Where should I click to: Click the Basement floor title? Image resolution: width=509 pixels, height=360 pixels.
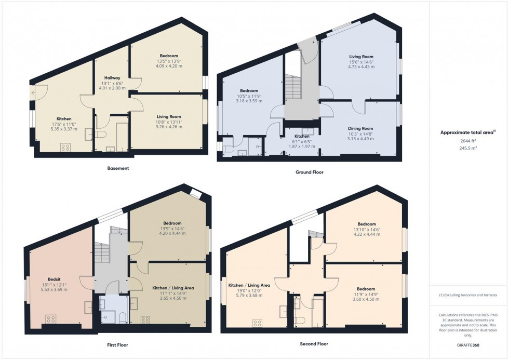118,168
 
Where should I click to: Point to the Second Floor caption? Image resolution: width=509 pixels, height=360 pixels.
314,344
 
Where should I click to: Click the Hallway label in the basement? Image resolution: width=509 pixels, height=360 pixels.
111,78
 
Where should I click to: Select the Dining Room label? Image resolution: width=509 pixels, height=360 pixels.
360,128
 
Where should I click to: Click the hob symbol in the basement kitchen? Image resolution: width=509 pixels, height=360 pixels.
65,147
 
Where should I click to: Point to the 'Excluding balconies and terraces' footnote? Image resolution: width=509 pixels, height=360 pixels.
468,295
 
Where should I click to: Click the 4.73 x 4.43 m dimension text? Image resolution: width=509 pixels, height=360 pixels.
360,66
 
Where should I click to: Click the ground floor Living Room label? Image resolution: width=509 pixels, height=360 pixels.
360,57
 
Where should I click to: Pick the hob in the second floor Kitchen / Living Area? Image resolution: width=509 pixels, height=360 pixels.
257,323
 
